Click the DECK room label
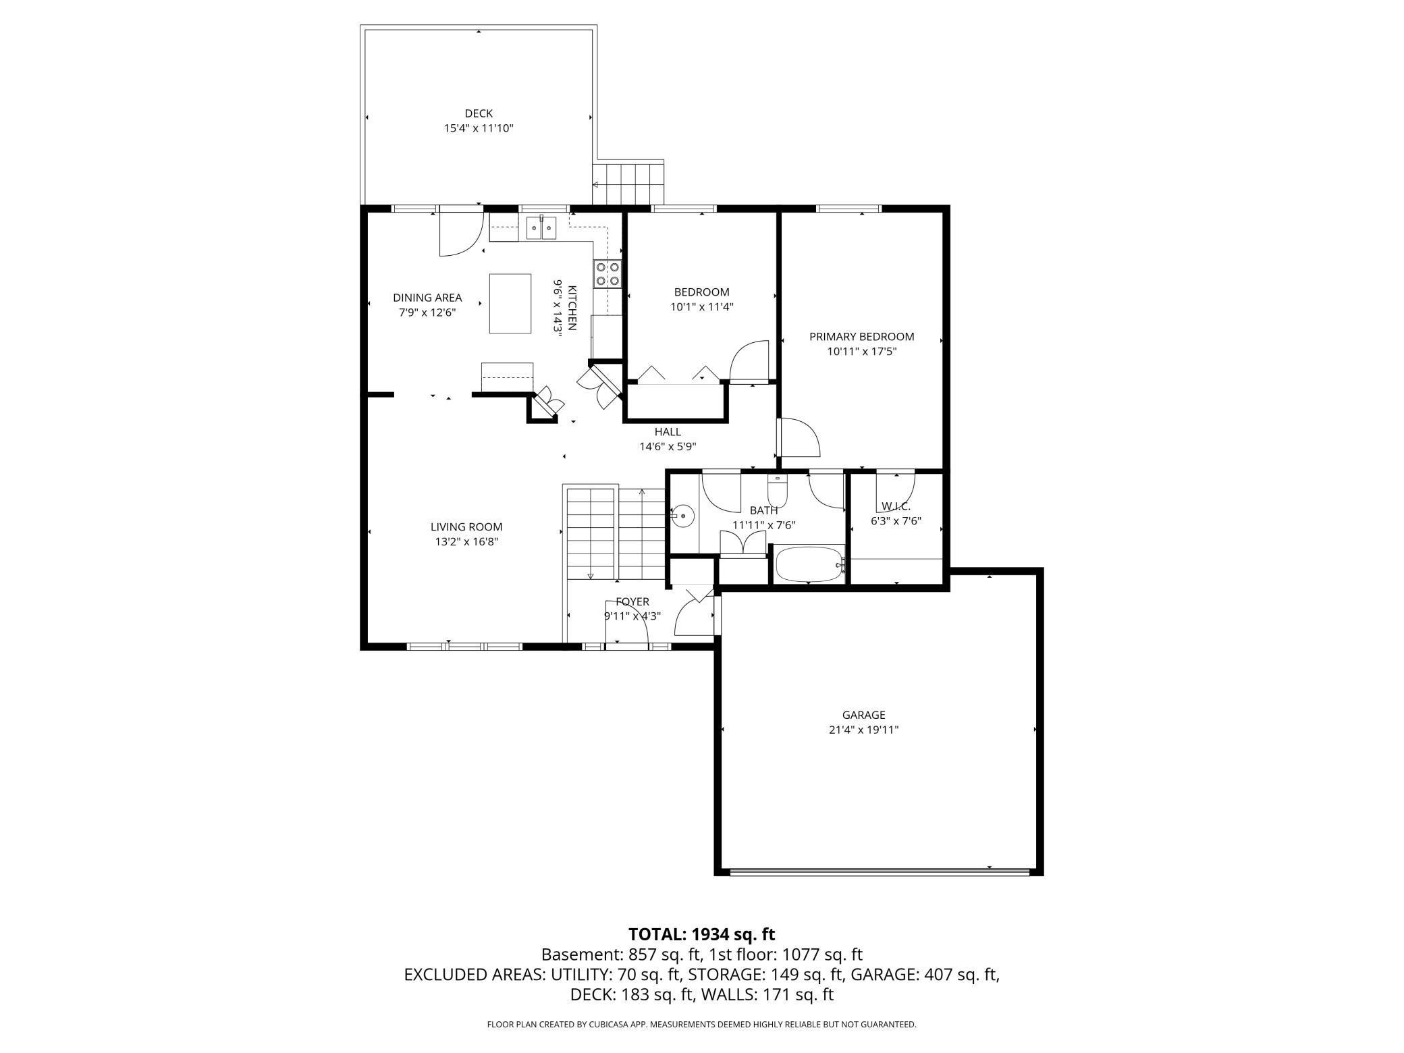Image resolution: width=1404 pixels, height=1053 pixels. coord(479,113)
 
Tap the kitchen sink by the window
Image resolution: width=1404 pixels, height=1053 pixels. coord(541,227)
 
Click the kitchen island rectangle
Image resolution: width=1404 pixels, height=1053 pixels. coord(510,303)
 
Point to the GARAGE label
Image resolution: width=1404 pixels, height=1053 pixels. coord(863,715)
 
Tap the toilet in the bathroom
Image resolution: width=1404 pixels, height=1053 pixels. coord(778,487)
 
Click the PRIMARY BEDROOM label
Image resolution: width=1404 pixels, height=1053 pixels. coord(862,336)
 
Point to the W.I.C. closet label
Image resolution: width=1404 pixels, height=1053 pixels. coord(896,506)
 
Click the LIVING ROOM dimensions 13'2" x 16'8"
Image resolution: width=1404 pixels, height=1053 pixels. coord(466,541)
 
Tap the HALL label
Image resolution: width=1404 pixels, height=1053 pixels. coord(668,432)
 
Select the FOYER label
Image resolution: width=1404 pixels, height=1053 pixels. coord(632,602)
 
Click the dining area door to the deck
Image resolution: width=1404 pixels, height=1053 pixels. coord(461,234)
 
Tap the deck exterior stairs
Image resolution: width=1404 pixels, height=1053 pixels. coord(628,183)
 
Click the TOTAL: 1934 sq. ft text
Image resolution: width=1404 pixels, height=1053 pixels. coord(702,934)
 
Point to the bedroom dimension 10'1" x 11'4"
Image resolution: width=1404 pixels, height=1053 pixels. coord(702,306)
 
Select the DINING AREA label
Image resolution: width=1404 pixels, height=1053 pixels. coord(427,298)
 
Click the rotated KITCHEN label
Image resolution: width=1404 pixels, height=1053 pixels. coord(572,308)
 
